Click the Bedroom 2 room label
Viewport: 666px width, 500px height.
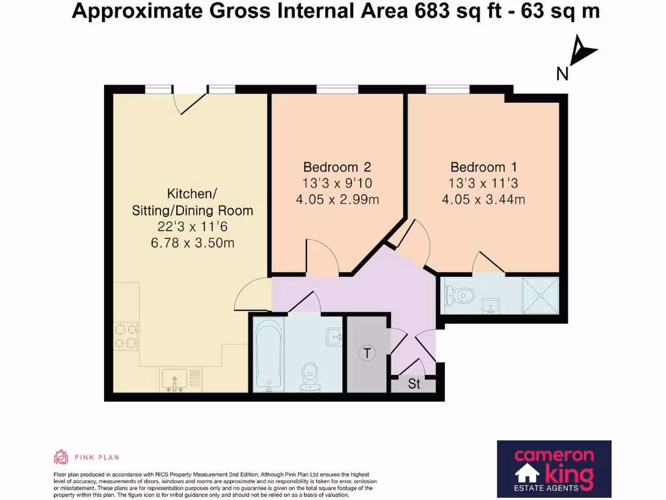coord(338,167)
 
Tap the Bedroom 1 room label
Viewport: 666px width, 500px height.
coord(482,167)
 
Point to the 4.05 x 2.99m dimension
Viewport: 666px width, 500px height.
coord(338,199)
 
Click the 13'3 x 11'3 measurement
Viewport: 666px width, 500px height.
coord(482,184)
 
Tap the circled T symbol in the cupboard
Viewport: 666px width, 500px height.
coord(368,354)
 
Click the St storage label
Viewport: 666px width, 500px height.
coord(414,384)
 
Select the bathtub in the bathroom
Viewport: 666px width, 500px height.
coord(268,354)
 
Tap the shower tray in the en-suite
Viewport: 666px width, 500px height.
coord(540,296)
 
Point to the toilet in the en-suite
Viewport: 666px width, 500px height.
coord(458,296)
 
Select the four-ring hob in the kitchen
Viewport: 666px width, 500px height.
coord(127,336)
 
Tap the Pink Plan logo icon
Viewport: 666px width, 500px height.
coord(61,457)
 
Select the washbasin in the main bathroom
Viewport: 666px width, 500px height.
coord(334,336)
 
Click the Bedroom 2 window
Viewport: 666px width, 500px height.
coord(337,89)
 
